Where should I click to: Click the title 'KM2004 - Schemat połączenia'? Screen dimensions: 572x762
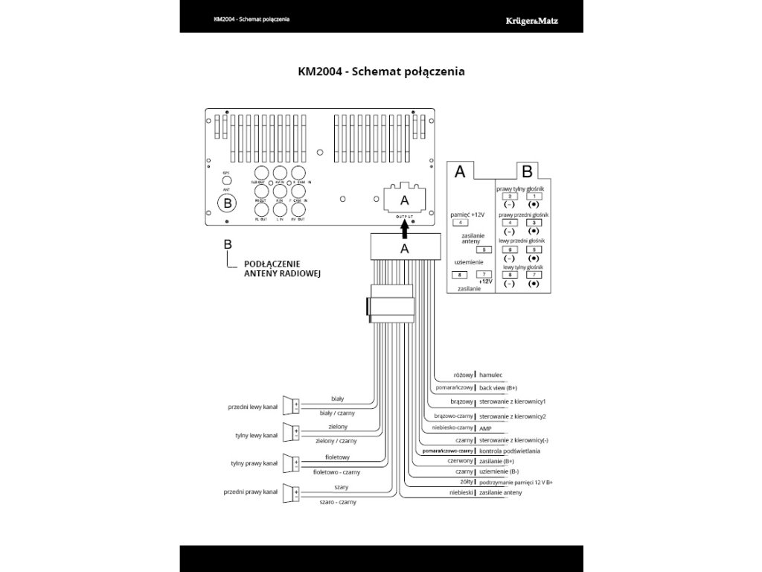[381, 71]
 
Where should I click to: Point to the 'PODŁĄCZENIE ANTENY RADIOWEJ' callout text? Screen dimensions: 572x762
[281, 269]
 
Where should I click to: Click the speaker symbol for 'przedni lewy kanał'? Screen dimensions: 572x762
[292, 405]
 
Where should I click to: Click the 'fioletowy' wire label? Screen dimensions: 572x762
[337, 457]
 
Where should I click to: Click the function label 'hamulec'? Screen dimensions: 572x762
[491, 375]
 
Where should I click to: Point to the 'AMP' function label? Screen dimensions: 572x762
[485, 428]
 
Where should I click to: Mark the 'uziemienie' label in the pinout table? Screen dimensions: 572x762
[469, 262]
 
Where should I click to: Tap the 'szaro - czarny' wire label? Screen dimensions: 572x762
[337, 502]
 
